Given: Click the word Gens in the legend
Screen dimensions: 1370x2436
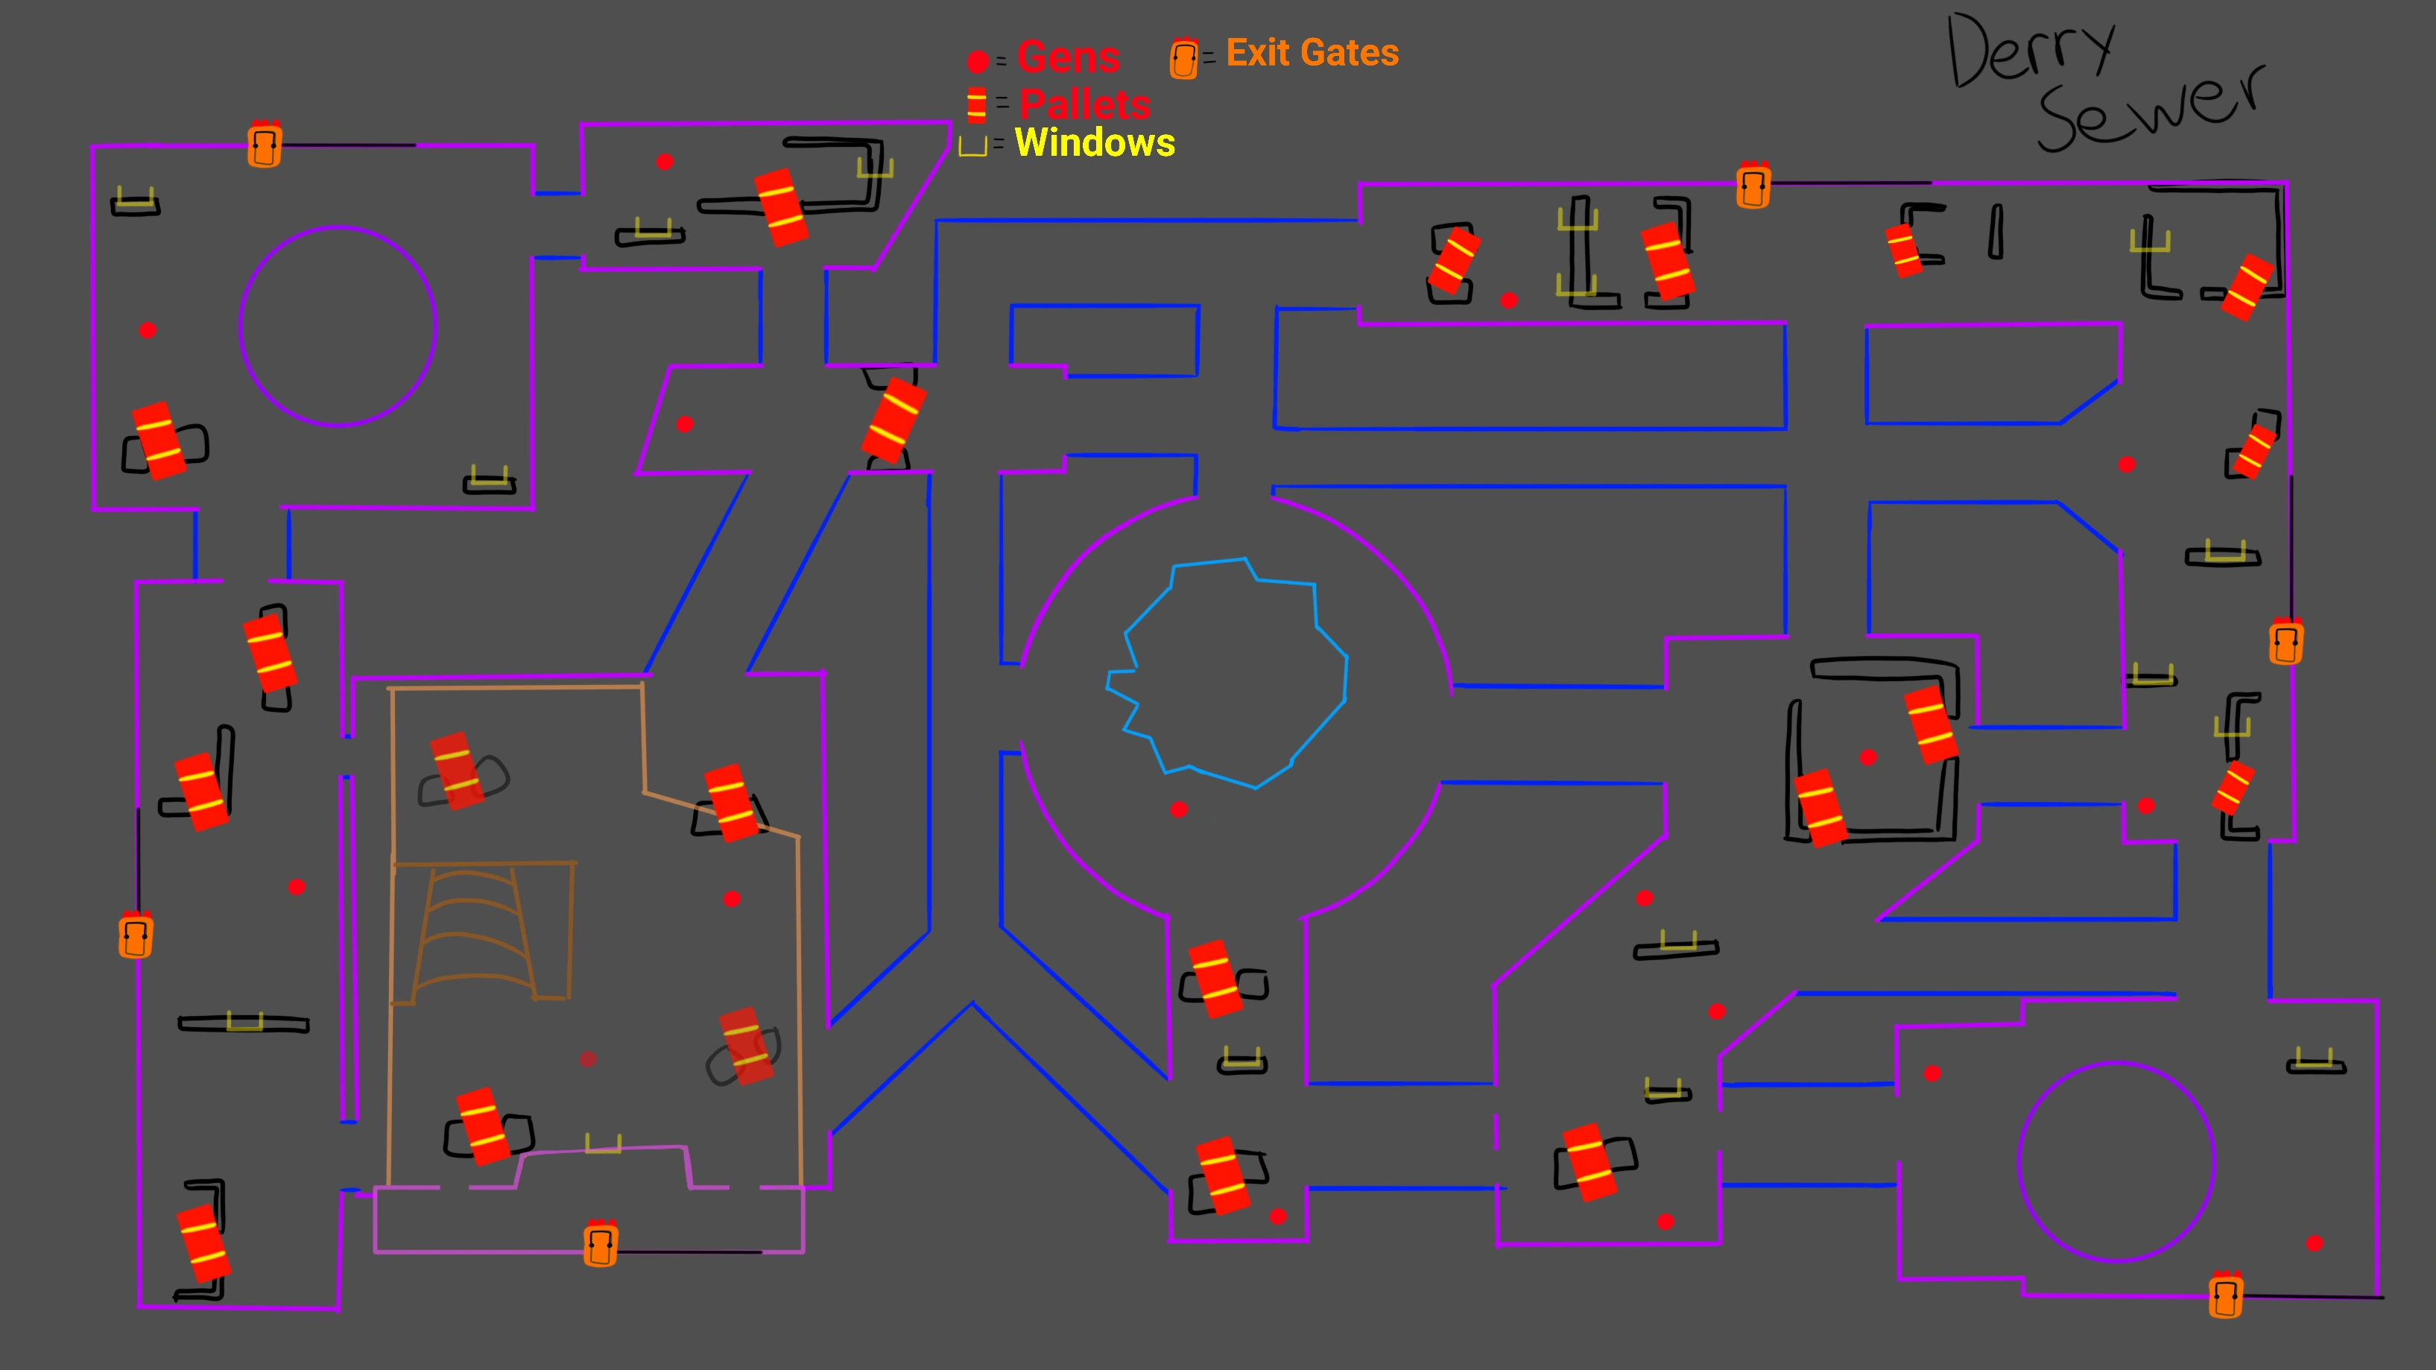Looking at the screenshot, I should point(1069,57).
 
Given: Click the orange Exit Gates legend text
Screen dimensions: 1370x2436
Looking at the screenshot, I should point(1312,53).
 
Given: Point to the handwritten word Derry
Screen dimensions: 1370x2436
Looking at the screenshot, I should point(2028,52).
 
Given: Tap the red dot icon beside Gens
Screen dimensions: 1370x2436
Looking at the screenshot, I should point(978,63).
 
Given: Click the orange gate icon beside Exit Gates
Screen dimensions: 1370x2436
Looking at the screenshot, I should point(1183,59).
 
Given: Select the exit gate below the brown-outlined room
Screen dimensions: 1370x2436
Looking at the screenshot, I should point(601,1243).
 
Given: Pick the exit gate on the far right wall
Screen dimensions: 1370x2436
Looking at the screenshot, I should point(2285,642).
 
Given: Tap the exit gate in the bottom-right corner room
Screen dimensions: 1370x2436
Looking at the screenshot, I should point(2225,1295).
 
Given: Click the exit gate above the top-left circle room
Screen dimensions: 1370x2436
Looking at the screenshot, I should point(264,145).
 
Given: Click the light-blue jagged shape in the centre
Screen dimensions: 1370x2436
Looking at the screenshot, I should point(1230,672).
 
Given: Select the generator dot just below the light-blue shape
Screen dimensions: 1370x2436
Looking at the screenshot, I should point(1178,809).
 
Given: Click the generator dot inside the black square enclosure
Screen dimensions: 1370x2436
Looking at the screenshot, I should point(1867,757).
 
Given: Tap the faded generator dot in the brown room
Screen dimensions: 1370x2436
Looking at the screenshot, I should point(588,1058).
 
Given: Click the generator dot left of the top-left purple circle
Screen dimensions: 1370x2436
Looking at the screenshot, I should point(148,330).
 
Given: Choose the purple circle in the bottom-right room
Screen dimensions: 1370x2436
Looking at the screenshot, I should point(2116,1162).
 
